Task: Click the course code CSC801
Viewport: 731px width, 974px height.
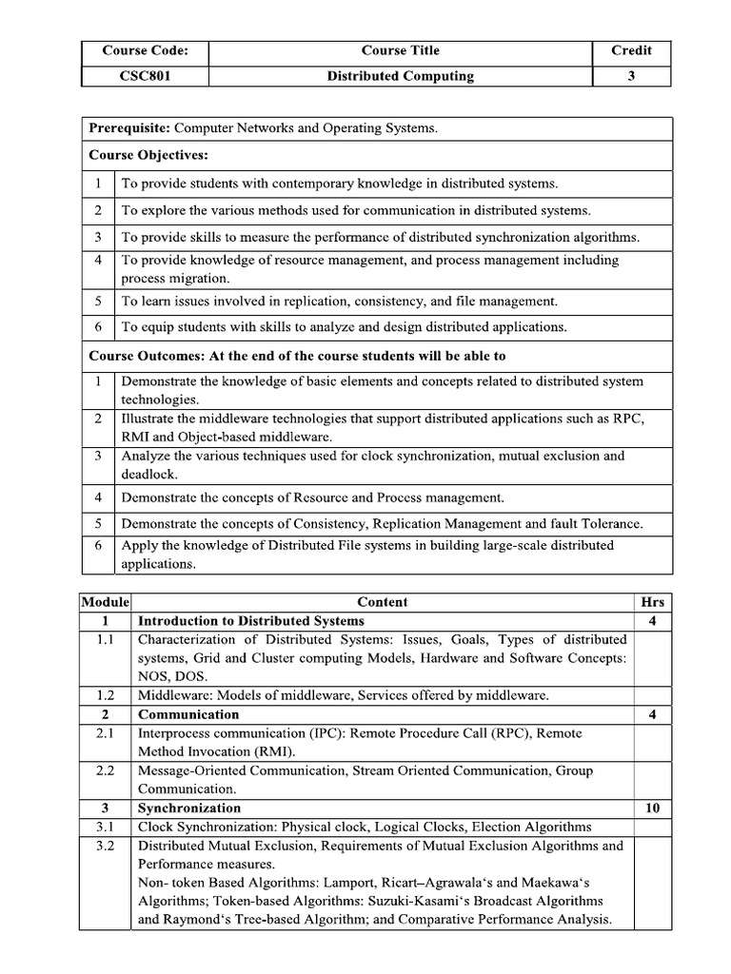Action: [x=145, y=76]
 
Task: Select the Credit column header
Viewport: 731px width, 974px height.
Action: [x=631, y=51]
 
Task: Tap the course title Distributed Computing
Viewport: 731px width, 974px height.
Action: [x=400, y=76]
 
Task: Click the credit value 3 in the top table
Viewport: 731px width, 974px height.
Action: [x=631, y=76]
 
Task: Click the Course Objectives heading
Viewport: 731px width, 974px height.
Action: [x=148, y=154]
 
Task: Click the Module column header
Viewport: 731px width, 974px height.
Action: [x=105, y=602]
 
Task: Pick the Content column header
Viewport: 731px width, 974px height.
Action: [x=382, y=602]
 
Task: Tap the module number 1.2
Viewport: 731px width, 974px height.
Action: [x=105, y=695]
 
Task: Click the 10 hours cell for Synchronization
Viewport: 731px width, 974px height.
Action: [x=653, y=808]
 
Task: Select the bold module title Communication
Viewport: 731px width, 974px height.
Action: [x=188, y=714]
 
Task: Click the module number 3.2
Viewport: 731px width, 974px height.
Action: [x=105, y=846]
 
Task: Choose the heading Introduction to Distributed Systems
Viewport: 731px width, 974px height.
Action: [x=251, y=621]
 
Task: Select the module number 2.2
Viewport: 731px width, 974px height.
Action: [x=105, y=770]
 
